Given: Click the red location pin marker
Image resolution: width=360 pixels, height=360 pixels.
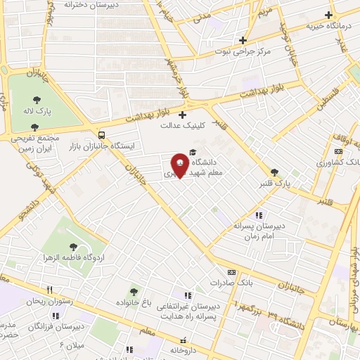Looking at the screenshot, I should pos(180,165).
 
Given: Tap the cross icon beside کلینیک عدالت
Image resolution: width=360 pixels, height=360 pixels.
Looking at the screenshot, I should pos(183,115).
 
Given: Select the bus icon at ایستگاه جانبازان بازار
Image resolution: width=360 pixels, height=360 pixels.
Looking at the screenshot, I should pos(103,135).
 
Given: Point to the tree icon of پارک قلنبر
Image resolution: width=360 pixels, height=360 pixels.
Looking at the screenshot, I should pos(274,172).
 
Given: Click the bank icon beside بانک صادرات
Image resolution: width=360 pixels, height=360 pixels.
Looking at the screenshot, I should pos(231,273).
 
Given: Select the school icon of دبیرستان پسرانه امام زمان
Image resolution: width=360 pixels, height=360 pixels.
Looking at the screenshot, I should pos(259,215).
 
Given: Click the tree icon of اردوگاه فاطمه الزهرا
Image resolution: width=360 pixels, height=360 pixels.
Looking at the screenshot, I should pos(73,246).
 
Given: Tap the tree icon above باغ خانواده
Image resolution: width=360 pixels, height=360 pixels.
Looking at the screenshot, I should pos(132,290).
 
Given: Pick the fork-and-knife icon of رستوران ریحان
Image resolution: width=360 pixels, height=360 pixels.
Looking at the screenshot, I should pos(49,290).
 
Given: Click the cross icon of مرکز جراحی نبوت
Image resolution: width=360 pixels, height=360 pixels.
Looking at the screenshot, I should pos(243,40).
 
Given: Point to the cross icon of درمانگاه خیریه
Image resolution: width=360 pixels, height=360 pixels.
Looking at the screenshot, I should pos(328,15).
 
